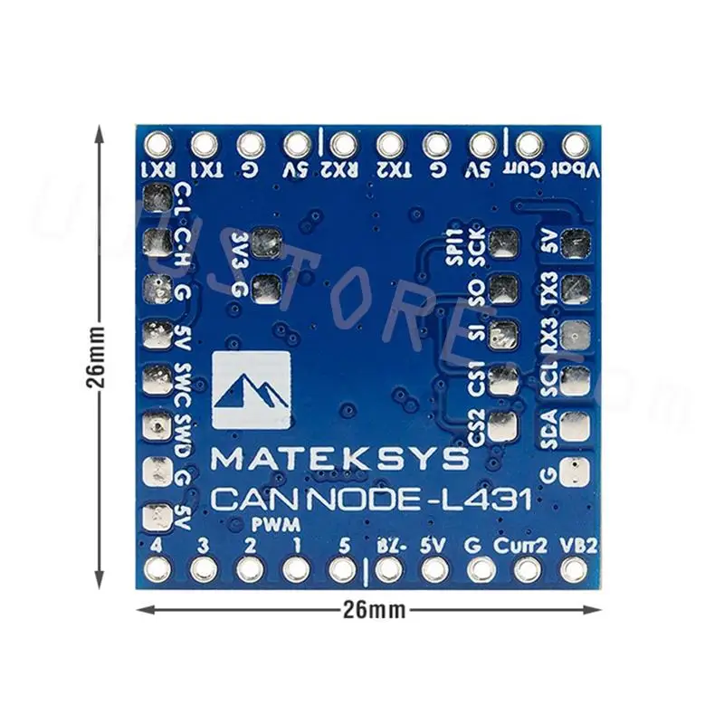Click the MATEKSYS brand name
coord(340,459)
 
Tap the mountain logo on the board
coord(251,391)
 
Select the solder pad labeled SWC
coord(157,378)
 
